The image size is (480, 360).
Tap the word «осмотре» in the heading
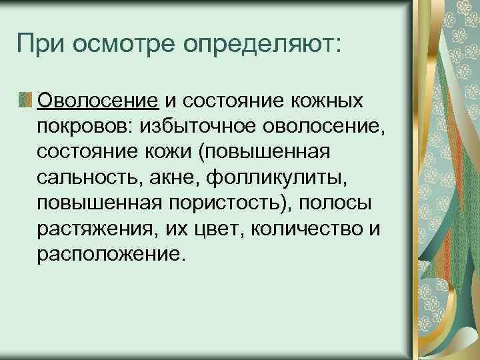click(123, 45)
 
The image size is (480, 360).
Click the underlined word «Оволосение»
click(98, 101)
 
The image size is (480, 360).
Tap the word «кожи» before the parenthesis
click(171, 153)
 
